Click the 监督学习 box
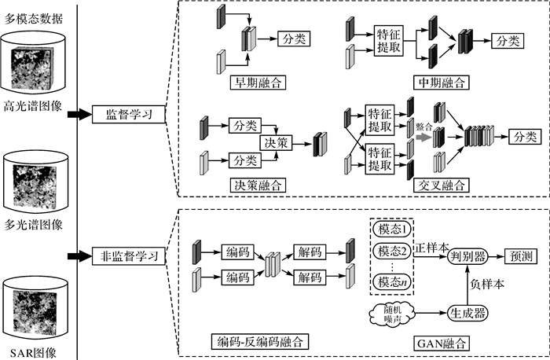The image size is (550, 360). pyautogui.click(x=129, y=115)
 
